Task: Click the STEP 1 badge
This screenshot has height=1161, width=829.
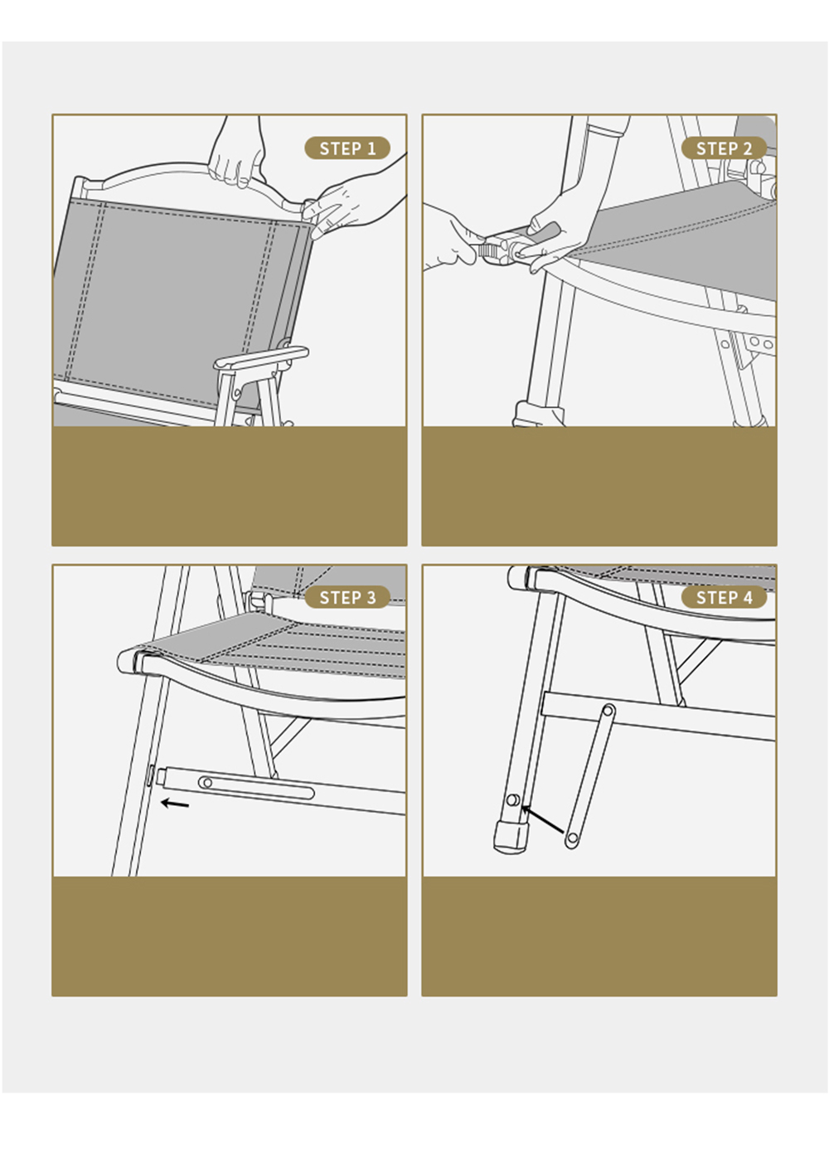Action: coord(347,148)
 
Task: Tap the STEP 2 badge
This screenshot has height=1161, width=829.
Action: coord(724,148)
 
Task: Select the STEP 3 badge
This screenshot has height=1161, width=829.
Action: coord(347,597)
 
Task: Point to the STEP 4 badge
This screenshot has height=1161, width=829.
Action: coord(724,597)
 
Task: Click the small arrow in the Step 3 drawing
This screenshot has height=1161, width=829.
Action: coord(175,804)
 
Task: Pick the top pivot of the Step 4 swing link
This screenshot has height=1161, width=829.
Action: coord(608,710)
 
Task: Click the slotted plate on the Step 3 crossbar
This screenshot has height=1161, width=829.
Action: coord(256,789)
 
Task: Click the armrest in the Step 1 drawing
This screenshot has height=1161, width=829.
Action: coord(261,357)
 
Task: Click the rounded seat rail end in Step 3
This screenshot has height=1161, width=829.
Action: coord(128,662)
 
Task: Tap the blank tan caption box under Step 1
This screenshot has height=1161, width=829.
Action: coord(229,486)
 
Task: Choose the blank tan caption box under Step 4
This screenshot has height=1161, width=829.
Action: coord(599,936)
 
